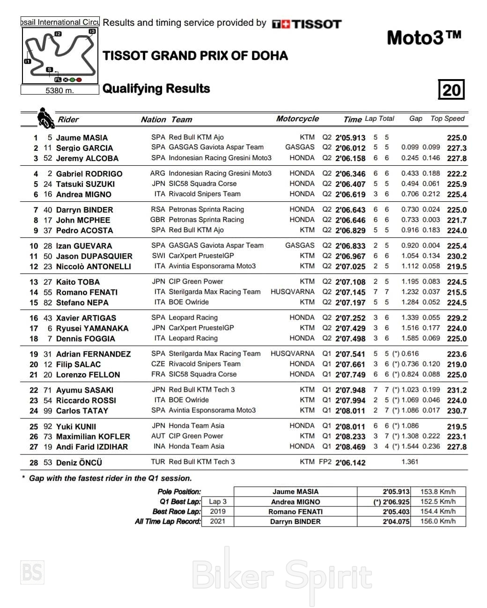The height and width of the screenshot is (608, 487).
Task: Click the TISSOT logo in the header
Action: pos(307,24)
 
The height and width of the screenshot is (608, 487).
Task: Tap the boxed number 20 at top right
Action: pos(451,89)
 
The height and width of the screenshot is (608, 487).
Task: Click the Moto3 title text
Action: pos(424,37)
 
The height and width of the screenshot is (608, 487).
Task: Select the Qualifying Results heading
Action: pos(156,88)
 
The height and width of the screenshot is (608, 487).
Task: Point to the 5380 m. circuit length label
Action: pos(59,90)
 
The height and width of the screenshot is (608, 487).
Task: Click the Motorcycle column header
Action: pos(297,119)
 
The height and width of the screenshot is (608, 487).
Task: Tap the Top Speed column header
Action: pos(447,118)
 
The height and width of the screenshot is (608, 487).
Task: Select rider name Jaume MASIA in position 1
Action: pos(81,138)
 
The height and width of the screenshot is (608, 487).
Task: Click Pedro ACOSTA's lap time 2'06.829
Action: pos(350,230)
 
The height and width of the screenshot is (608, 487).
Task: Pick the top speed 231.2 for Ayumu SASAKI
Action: pos(457,390)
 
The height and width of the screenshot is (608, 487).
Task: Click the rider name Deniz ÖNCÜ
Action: pos(79,462)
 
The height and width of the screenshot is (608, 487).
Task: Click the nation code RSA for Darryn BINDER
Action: pos(158,209)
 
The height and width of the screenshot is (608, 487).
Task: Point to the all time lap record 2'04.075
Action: pos(396,521)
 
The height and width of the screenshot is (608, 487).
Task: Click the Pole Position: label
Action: pos(179,491)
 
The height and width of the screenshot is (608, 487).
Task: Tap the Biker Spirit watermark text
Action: pos(282,575)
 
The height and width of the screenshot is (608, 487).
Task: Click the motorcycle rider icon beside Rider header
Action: pos(45,118)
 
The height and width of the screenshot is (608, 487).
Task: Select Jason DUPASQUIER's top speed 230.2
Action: pos(457,256)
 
